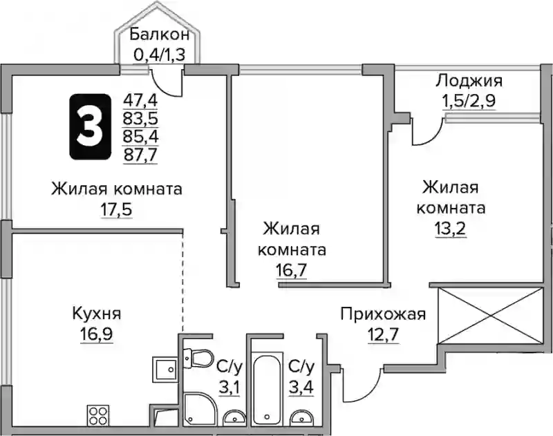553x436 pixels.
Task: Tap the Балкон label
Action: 160,35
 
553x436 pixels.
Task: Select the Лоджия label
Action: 469,81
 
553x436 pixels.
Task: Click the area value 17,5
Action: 116,210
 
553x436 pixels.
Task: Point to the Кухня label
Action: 96,313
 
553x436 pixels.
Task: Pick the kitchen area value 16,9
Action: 96,334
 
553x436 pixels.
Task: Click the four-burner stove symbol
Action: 97,416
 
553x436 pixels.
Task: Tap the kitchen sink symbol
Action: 165,370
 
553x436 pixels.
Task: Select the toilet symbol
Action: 198,358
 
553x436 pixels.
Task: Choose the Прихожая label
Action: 383,314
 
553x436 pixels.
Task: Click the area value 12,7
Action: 383,334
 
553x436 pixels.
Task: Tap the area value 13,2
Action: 451,229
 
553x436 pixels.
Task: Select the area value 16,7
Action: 292,270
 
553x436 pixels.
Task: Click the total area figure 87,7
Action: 140,154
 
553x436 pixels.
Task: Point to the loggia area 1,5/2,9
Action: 469,101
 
